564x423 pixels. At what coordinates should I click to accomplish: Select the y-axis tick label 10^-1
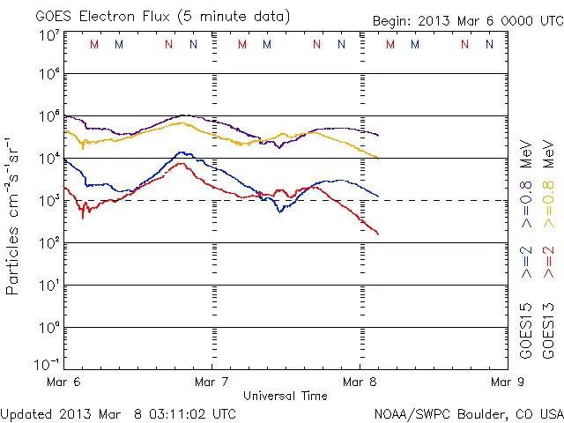tap(48, 363)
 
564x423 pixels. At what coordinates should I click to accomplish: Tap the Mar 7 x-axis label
tap(211, 382)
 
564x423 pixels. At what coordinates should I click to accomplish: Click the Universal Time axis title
tap(285, 396)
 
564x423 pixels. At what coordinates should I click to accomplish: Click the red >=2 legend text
tap(548, 262)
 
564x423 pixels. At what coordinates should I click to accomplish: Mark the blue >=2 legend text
tap(527, 262)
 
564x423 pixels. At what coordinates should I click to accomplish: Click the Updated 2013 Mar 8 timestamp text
tap(118, 412)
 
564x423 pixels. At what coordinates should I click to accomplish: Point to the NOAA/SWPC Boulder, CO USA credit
tap(468, 412)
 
